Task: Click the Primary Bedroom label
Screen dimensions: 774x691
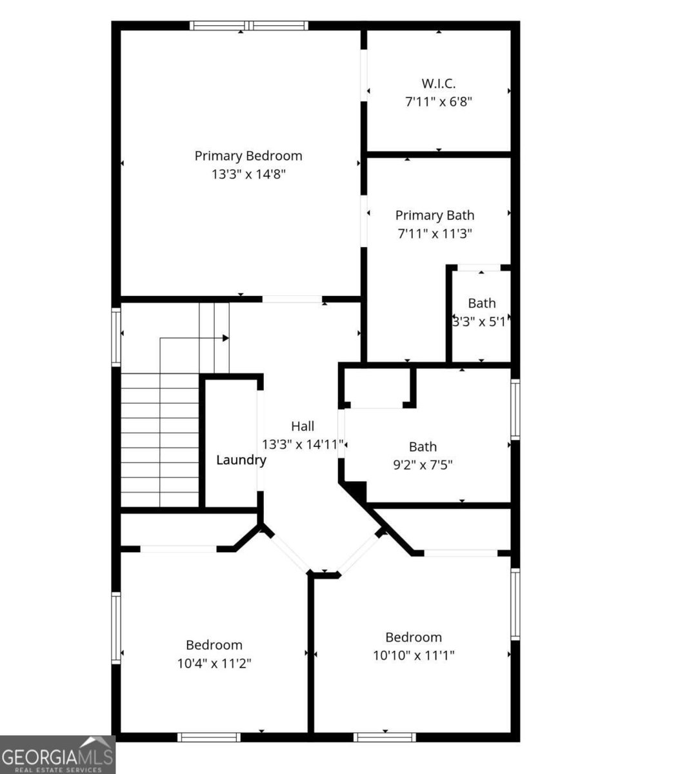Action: tap(248, 155)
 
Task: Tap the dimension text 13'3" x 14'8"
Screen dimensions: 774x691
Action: tap(248, 174)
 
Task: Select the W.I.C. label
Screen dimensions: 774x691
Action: tap(439, 83)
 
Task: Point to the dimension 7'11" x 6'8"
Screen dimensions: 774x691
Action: tap(439, 101)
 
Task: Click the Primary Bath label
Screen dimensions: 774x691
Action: tap(435, 215)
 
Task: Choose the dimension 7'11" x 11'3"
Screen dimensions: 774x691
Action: tap(435, 233)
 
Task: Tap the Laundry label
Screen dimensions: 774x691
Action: tap(241, 460)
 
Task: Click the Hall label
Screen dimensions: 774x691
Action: tap(303, 426)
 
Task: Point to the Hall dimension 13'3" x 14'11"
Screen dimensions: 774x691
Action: tap(303, 444)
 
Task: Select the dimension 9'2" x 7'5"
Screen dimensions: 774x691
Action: tap(423, 464)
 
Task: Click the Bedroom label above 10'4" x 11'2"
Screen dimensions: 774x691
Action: tap(214, 645)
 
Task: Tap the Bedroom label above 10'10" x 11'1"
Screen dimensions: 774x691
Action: tap(414, 637)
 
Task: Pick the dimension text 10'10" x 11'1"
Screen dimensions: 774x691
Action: tap(414, 655)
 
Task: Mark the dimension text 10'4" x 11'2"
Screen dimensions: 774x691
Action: tap(214, 663)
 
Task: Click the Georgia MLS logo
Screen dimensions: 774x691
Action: tap(57, 755)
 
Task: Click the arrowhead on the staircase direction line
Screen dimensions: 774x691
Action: tap(226, 337)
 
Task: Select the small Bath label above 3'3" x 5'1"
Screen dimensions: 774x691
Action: tap(482, 303)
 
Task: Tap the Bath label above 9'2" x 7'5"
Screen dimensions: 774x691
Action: tap(423, 446)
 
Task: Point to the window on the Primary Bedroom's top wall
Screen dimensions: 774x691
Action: tap(248, 26)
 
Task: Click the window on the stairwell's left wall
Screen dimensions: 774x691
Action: tap(116, 337)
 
